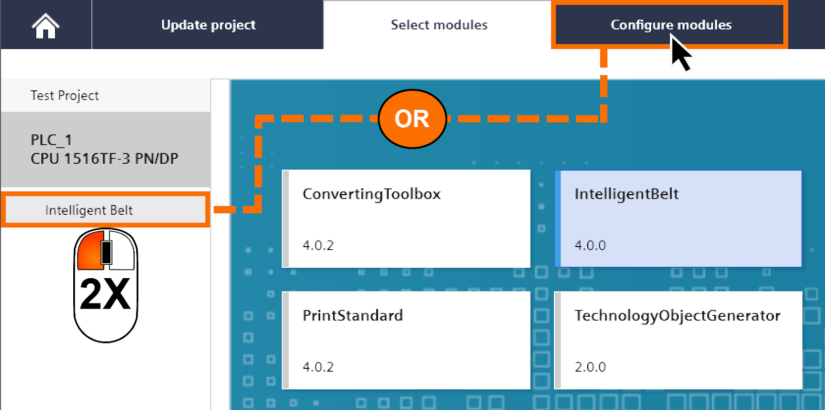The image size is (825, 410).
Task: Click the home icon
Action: pyautogui.click(x=45, y=26)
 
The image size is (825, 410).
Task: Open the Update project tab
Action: pyautogui.click(x=208, y=25)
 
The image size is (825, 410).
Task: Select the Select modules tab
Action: pyautogui.click(x=439, y=25)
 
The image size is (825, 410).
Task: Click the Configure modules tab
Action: pyautogui.click(x=670, y=25)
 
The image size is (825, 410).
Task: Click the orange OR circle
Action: pyautogui.click(x=412, y=119)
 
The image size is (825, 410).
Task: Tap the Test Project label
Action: pyautogui.click(x=64, y=95)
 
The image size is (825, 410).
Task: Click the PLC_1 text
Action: pyautogui.click(x=51, y=140)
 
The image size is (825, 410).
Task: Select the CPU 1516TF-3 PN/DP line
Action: pyautogui.click(x=104, y=159)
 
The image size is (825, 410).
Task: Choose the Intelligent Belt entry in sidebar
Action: pyautogui.click(x=89, y=210)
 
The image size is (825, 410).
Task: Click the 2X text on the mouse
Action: pyautogui.click(x=105, y=295)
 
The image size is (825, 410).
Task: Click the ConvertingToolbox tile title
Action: pyautogui.click(x=371, y=194)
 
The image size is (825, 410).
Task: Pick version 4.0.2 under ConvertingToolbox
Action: pyautogui.click(x=318, y=245)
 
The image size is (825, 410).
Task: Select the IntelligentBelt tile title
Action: pyautogui.click(x=626, y=194)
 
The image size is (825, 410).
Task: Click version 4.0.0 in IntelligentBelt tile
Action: pyautogui.click(x=590, y=245)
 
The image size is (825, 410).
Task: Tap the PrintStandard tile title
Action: pyautogui.click(x=352, y=315)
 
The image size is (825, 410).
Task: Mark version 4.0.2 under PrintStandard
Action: pyautogui.click(x=318, y=367)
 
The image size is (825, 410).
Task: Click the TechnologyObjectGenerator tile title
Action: pyautogui.click(x=677, y=315)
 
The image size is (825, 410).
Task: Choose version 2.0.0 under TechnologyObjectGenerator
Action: pyautogui.click(x=590, y=367)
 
